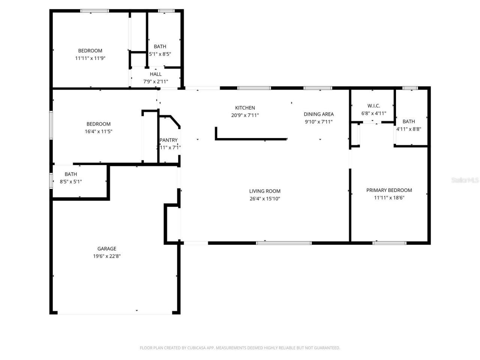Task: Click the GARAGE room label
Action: point(107,249)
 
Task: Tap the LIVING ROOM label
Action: point(265,191)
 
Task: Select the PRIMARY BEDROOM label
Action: point(389,190)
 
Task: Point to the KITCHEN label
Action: point(245,108)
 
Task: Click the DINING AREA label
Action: point(318,114)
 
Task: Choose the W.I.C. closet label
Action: point(373,106)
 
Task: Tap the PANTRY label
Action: point(168,140)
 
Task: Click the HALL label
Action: point(156,74)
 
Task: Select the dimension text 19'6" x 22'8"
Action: point(107,256)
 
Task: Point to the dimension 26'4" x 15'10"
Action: point(265,199)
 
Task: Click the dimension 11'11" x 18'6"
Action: point(389,198)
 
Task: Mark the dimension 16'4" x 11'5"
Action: point(99,132)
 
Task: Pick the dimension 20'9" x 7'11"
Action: point(245,115)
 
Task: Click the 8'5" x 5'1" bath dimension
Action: point(71,182)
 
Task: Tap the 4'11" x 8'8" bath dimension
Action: point(409,129)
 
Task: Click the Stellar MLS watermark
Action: point(465,180)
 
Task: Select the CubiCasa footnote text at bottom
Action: point(240,348)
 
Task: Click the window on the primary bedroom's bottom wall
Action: point(389,243)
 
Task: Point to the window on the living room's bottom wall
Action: point(284,243)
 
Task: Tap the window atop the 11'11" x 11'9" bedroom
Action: point(94,11)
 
